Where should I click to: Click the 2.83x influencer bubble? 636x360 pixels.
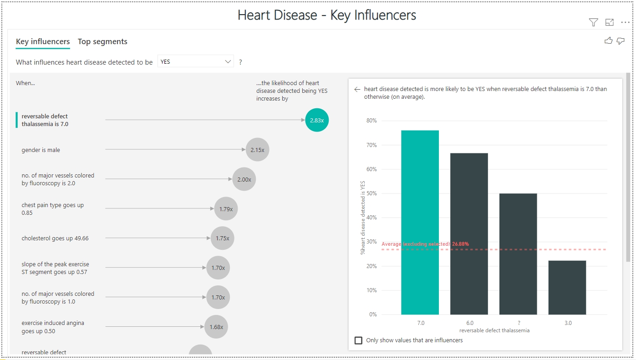point(316,120)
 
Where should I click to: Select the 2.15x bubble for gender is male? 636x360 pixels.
point(257,150)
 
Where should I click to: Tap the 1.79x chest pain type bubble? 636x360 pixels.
point(226,209)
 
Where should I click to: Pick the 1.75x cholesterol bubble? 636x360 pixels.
point(222,238)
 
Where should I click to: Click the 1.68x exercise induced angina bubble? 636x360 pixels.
point(216,327)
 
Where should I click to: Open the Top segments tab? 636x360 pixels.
point(102,41)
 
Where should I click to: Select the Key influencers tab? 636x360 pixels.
point(43,41)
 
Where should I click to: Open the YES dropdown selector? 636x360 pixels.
point(195,61)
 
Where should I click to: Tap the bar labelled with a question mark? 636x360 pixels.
point(518,254)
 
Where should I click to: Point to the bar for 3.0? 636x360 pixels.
point(567,287)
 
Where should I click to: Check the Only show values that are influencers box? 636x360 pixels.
point(359,340)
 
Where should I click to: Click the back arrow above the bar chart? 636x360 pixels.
point(357,90)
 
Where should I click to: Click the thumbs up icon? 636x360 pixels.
point(608,41)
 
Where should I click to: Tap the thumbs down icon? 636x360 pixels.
point(621,41)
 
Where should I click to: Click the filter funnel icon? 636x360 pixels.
point(593,22)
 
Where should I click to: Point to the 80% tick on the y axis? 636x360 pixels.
point(371,121)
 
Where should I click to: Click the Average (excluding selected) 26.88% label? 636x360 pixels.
point(425,244)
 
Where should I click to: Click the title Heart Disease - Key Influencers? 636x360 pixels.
point(326,15)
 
